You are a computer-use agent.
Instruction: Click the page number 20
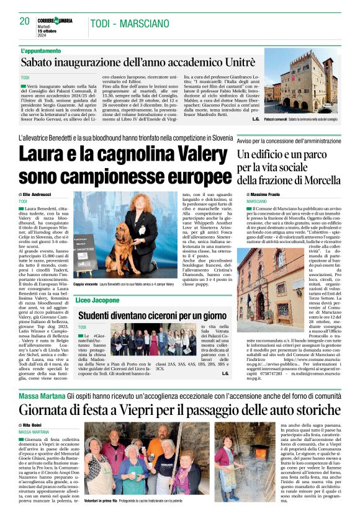[25, 21]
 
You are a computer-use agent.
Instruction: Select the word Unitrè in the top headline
[233, 62]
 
